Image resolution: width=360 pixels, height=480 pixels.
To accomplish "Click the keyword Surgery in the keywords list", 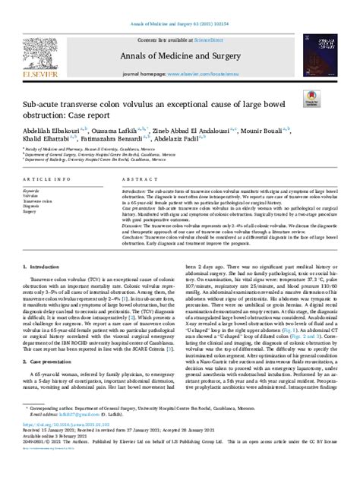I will pos(31,212).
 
